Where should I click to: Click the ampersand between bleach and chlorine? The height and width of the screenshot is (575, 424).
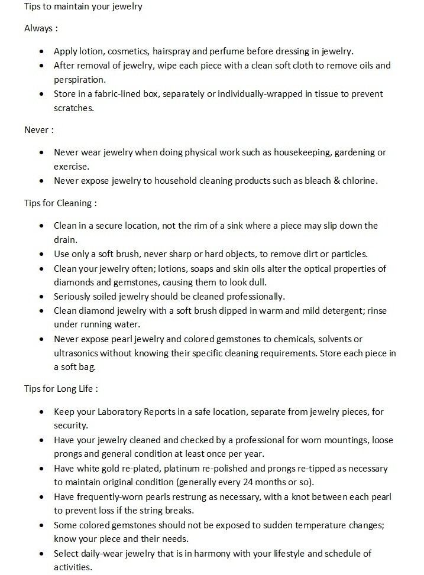pyautogui.click(x=336, y=181)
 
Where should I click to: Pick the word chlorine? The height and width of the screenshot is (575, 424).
pyautogui.click(x=360, y=181)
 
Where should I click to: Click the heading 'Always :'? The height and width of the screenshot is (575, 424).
pyautogui.click(x=41, y=28)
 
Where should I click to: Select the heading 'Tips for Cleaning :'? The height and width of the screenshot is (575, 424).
pyautogui.click(x=60, y=203)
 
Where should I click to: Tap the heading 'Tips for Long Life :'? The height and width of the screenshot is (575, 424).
pyautogui.click(x=61, y=389)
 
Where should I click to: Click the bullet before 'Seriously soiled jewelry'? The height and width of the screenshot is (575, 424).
pyautogui.click(x=41, y=296)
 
